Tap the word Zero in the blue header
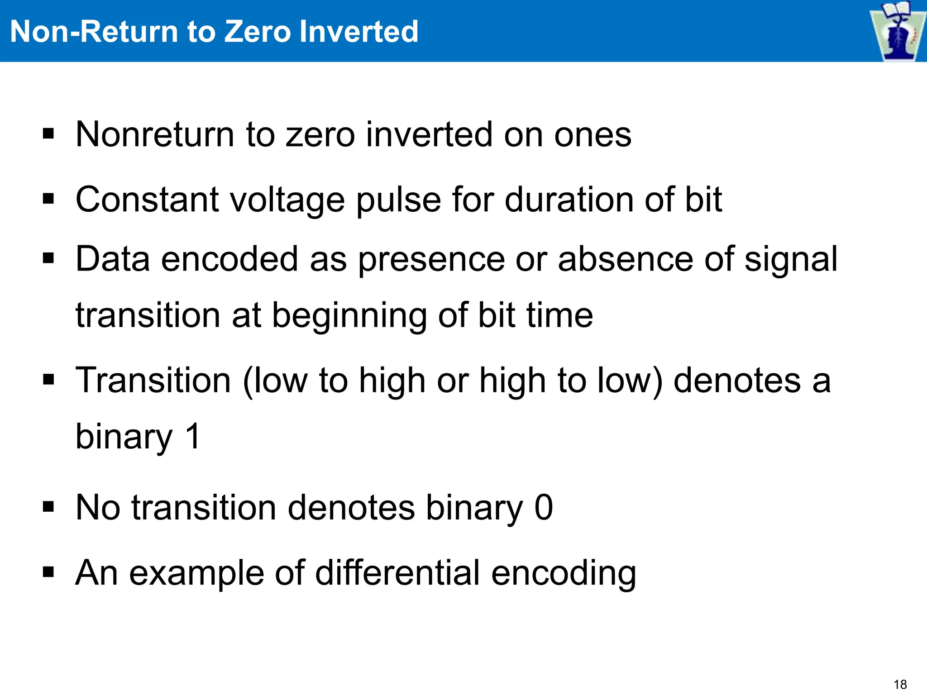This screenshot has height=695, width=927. pos(258,32)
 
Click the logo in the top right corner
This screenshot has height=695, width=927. pos(897,31)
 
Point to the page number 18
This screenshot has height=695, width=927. pos(900,684)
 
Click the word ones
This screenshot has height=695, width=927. pos(593,135)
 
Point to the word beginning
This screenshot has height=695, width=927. pos(349,316)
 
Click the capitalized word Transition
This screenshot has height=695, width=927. pos(153,381)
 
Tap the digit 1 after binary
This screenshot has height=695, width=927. pos(193,437)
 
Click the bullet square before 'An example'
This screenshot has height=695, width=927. pos(48,572)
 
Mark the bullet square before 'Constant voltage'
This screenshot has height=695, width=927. pos(48,199)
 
